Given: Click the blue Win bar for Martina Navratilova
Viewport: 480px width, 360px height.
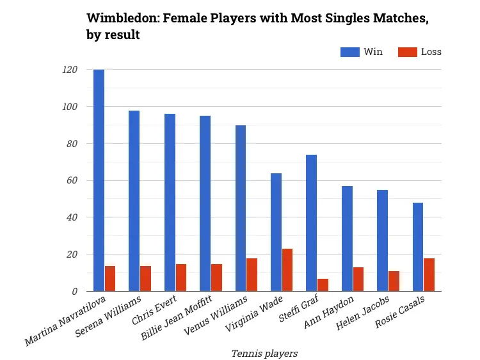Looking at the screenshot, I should pos(99,180).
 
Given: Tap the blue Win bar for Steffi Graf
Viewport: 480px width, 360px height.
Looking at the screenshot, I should pos(311,223).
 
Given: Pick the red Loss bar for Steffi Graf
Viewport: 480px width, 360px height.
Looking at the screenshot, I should pos(323,285).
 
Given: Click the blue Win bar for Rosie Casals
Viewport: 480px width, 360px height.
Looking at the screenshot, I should pos(417,247).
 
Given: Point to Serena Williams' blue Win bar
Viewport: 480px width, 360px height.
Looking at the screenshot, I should pos(134,201).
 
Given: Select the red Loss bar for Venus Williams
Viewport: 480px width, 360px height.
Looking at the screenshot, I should pos(252,274).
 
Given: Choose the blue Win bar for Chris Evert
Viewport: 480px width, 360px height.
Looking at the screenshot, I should pos(170,203).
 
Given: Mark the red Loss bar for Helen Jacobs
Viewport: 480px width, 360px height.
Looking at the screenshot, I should pos(394,281).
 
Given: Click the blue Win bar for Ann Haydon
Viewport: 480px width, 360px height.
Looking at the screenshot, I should pos(346,239).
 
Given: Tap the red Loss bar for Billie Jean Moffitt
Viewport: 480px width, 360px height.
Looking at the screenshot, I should pos(216,277).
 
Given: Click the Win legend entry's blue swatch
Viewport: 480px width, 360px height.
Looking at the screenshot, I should pos(349,52).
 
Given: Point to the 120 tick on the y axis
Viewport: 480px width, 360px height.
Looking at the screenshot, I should pos(70,70).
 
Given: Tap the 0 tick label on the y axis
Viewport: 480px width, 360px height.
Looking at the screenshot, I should pos(74,291).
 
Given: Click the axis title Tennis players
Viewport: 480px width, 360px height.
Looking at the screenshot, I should pos(264,352).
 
